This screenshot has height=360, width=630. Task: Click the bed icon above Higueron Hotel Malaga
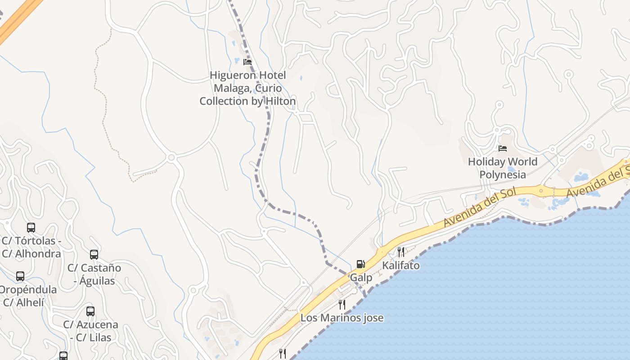[247, 62]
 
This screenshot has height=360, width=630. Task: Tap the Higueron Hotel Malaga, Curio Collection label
[247, 88]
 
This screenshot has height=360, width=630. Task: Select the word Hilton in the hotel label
[280, 101]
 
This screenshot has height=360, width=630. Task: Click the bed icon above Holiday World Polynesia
[503, 148]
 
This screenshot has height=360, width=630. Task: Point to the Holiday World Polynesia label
[503, 168]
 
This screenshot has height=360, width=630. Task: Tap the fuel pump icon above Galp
[360, 264]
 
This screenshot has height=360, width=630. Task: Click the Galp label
[361, 278]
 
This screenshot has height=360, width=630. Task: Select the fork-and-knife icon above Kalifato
[400, 252]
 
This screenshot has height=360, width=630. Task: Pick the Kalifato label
[400, 265]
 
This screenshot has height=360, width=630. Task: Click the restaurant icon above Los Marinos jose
[342, 304]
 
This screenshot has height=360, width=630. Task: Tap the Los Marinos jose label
[342, 318]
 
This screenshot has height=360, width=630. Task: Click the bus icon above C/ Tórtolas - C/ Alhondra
[31, 228]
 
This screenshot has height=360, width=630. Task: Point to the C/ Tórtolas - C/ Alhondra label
[31, 247]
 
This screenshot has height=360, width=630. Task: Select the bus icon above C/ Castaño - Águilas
[94, 255]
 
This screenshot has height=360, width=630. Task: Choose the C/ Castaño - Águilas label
[94, 274]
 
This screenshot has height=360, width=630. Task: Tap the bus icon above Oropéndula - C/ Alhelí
[20, 276]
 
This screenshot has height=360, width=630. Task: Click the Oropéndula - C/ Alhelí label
[27, 296]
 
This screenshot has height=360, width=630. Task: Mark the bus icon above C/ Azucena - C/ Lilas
[90, 311]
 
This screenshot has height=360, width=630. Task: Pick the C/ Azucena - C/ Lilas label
[90, 331]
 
